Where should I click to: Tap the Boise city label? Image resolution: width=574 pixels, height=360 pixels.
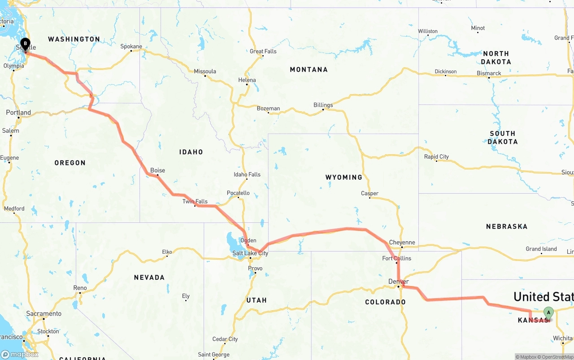click(x=157, y=170)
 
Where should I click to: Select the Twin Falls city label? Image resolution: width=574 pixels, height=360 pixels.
click(x=195, y=201)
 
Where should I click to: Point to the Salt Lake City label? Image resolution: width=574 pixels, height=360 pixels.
click(x=250, y=253)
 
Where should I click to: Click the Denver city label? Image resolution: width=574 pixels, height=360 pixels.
click(x=398, y=282)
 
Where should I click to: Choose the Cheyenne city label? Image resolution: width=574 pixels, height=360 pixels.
click(x=402, y=243)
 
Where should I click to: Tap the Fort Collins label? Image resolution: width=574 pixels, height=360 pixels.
click(x=396, y=258)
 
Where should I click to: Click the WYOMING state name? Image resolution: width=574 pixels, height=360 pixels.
click(x=344, y=178)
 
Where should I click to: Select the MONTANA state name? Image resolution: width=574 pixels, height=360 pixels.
click(x=309, y=69)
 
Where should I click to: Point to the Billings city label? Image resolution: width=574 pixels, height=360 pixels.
click(x=323, y=105)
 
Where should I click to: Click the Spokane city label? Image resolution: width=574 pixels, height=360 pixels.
click(x=131, y=46)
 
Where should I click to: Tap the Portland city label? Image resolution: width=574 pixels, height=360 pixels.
click(x=18, y=113)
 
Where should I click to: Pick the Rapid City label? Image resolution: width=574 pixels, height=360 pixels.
click(x=436, y=156)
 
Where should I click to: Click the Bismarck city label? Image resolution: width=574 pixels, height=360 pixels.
click(x=489, y=73)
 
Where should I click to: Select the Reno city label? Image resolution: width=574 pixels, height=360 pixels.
click(x=80, y=288)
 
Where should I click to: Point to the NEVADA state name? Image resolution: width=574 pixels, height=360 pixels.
click(x=149, y=278)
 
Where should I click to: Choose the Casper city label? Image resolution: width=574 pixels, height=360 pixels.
click(x=370, y=193)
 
